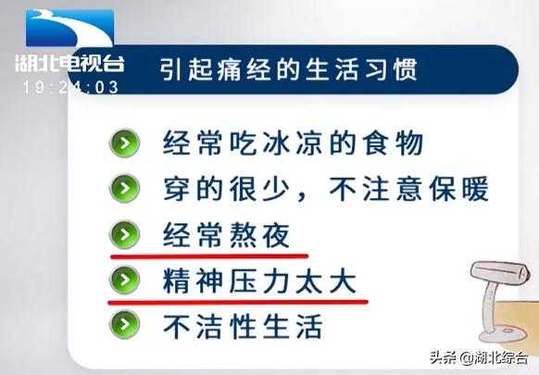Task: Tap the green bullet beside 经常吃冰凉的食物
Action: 124,144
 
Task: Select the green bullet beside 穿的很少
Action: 124,190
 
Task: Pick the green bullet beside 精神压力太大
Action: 124,279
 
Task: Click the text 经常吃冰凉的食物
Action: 293,144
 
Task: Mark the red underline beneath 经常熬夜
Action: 209,254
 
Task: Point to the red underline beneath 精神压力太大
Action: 239,300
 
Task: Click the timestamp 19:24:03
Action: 71,88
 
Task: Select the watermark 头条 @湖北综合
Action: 479,358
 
